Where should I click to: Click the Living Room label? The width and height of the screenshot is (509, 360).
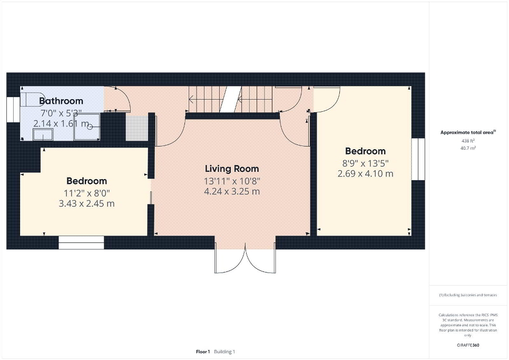[232, 169]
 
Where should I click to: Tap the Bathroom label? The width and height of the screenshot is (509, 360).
[61, 101]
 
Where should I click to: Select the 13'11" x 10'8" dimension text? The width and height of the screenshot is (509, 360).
[232, 181]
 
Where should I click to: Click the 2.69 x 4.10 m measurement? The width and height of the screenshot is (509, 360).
[365, 173]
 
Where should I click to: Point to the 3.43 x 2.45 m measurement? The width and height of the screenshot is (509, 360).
[86, 203]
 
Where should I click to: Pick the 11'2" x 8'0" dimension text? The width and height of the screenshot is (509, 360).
[86, 193]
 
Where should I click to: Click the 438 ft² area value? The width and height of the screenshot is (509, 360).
[468, 141]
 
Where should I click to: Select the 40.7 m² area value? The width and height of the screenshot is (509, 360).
[468, 148]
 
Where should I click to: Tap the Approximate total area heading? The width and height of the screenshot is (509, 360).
[468, 132]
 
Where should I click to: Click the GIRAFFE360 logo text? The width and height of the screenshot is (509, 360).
[468, 345]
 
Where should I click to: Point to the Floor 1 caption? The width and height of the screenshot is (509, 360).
[203, 352]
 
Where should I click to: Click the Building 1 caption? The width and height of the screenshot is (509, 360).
[224, 352]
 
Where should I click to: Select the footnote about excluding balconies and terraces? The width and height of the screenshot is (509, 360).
[468, 295]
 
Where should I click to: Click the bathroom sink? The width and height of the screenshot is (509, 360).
[43, 134]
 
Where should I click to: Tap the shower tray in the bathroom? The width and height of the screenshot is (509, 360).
[87, 127]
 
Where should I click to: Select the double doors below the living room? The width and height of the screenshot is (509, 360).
[245, 260]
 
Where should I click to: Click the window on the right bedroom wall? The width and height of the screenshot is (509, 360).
[418, 159]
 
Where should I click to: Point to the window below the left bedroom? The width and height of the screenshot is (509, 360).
[81, 242]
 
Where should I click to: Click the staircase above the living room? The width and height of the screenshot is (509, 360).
[230, 99]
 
